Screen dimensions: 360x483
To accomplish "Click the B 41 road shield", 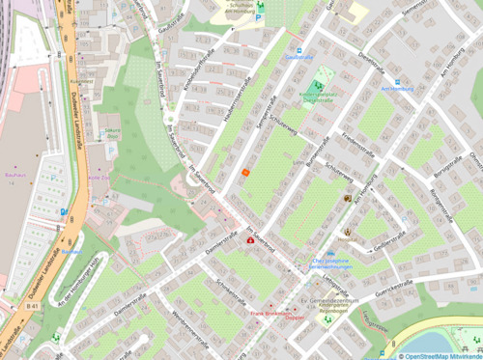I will click(x=32, y=305).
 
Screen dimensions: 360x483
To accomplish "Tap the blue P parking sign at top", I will click(x=259, y=16).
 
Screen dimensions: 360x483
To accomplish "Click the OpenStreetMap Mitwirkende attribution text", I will click(x=440, y=355).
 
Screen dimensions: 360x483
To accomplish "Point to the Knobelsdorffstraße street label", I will click(x=205, y=69).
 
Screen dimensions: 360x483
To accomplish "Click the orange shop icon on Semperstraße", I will click(x=245, y=172).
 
